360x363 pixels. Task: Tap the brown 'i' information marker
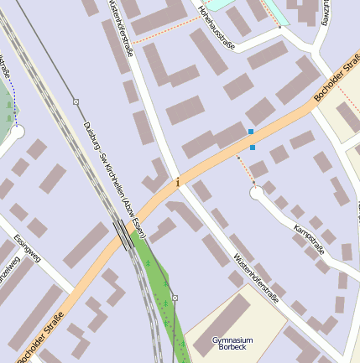177,181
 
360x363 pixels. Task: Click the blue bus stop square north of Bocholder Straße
251,132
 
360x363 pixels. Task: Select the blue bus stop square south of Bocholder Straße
253,148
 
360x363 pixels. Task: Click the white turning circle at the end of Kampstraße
257,193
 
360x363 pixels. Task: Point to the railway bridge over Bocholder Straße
123,236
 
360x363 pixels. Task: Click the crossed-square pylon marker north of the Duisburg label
76,102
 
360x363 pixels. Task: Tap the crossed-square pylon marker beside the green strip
175,297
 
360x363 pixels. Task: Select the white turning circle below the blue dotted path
16,132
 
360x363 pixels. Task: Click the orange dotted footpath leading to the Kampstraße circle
244,170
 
